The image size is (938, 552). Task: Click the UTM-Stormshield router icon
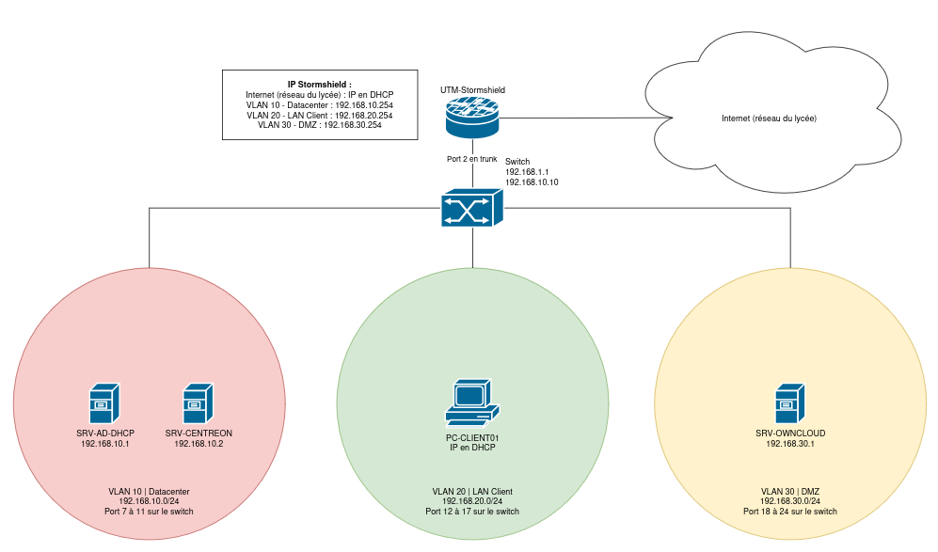472,118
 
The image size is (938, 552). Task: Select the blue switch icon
472,208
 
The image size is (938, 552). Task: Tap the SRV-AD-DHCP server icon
104,403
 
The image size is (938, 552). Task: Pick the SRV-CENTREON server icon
198,403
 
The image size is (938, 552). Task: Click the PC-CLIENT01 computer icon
472,402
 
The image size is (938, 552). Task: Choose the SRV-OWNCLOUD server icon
789,403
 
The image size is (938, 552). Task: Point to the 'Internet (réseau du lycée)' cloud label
769,118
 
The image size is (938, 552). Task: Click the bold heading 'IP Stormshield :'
320,85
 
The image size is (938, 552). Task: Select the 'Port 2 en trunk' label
472,159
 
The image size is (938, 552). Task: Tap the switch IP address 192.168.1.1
527,172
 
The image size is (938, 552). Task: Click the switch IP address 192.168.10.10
532,182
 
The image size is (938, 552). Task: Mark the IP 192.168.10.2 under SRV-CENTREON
199,444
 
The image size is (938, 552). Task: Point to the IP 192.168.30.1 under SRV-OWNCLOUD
790,444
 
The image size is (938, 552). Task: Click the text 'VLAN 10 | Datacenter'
149,492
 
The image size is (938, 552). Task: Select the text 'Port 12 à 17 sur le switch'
472,512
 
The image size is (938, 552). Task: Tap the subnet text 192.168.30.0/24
790,501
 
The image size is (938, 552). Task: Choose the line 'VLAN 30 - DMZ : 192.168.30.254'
320,125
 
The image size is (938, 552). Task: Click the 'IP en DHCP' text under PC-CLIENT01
472,448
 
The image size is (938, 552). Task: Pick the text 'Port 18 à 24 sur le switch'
790,512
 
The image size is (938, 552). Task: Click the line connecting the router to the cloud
585,118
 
